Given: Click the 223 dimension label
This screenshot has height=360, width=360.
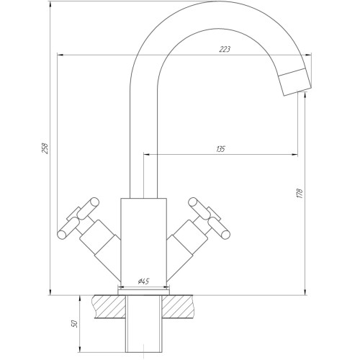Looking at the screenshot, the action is click(x=225, y=49).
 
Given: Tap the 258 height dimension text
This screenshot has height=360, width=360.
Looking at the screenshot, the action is click(x=45, y=148).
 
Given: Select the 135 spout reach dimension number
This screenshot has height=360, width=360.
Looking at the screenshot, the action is click(x=220, y=149).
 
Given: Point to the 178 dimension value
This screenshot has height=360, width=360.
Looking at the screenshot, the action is click(x=300, y=194).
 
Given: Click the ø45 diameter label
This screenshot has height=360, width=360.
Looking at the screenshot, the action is click(x=143, y=281).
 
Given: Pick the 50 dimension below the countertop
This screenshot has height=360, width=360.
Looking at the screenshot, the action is click(x=75, y=324).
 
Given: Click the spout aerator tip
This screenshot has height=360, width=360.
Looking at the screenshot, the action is click(x=295, y=82).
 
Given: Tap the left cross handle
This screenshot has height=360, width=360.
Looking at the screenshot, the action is click(x=78, y=218).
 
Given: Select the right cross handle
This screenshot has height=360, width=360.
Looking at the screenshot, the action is click(x=210, y=218).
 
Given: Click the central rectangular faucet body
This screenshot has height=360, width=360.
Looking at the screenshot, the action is click(x=143, y=240).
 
